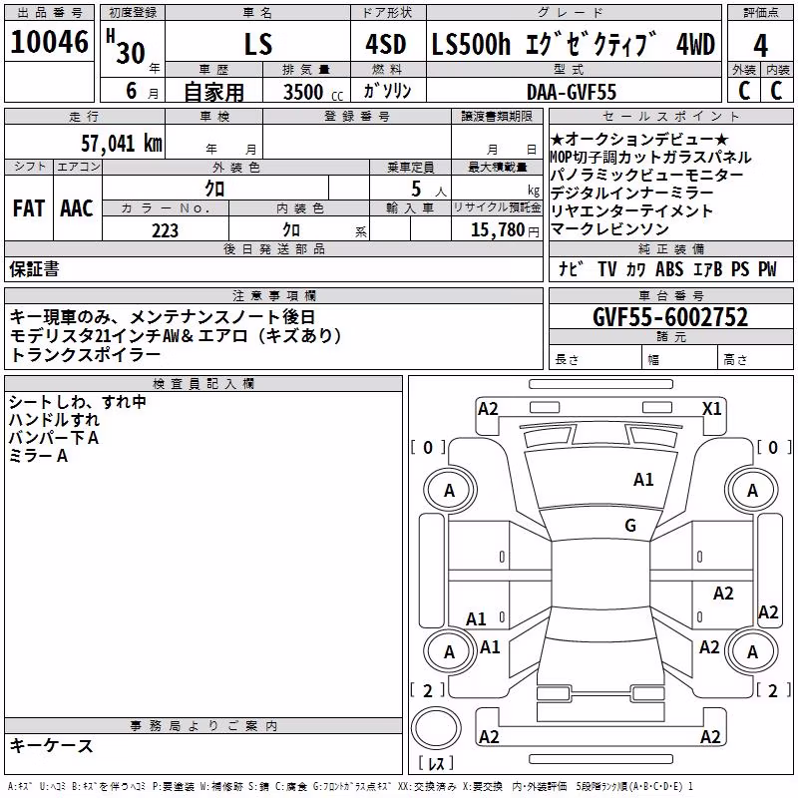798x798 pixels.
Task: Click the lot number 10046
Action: click(49, 42)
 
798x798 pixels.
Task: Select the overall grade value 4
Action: click(760, 45)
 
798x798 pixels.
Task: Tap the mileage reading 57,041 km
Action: click(122, 144)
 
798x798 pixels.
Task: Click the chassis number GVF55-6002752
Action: click(670, 317)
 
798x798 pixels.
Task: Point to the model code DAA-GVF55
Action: click(572, 92)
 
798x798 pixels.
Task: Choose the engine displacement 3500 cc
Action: click(313, 92)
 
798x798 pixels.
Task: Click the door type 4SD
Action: click(386, 44)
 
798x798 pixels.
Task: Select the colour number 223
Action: click(165, 230)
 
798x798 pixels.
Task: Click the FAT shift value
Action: click(29, 208)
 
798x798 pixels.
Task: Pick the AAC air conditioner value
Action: click(77, 208)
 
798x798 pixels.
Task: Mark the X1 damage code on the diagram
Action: click(711, 409)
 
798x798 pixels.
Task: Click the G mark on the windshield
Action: click(630, 525)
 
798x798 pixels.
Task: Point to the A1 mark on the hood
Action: click(643, 480)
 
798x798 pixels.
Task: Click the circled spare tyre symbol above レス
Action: click(436, 728)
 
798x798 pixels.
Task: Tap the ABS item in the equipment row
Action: click(668, 269)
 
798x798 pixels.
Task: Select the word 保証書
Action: click(34, 269)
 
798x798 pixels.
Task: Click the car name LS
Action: click(258, 44)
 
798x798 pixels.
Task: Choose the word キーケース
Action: click(52, 746)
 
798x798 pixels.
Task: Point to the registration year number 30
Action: click(131, 53)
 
